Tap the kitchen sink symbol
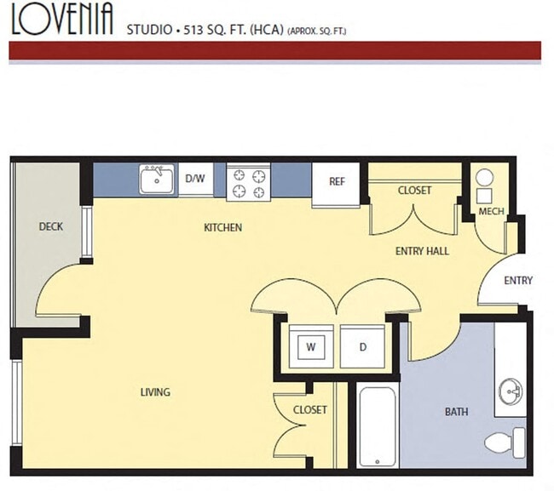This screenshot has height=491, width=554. (x=158, y=180)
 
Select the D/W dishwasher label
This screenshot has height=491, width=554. (x=195, y=179)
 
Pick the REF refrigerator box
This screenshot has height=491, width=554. (x=337, y=182)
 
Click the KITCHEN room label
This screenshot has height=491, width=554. (x=222, y=227)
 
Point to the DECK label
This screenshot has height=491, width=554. (x=51, y=227)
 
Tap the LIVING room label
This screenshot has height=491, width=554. (x=155, y=392)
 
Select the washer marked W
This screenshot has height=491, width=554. (x=311, y=346)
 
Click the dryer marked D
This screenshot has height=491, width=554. (x=362, y=346)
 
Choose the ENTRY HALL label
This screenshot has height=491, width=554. (x=422, y=251)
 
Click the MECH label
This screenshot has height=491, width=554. (x=489, y=211)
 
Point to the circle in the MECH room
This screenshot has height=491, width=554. (x=484, y=179)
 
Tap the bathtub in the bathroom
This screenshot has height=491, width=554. (x=377, y=426)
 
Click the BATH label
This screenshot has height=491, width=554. (x=456, y=412)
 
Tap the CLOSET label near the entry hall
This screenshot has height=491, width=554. (x=414, y=191)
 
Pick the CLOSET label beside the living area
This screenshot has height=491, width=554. (x=309, y=409)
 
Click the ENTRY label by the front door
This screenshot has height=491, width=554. (x=518, y=281)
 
